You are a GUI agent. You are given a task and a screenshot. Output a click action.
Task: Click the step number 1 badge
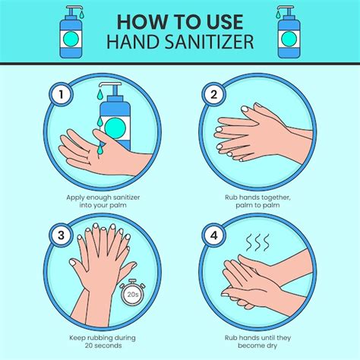61,95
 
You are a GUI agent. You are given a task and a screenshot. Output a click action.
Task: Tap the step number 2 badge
214,95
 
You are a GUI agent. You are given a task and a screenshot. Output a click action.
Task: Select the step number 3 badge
61,235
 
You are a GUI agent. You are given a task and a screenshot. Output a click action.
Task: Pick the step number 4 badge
214,235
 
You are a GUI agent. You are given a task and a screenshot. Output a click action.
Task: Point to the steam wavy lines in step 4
258,242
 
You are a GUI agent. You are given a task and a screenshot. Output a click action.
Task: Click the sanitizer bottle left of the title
71,33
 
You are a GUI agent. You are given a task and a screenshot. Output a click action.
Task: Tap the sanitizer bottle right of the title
289,33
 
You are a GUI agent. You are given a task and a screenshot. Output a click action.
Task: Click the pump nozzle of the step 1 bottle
110,86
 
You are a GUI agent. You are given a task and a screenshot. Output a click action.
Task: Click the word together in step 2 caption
276,197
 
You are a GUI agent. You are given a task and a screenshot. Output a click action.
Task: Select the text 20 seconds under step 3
103,346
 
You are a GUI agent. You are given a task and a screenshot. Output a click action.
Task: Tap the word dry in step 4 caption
272,346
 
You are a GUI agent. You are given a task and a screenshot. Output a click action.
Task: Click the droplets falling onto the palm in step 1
100,135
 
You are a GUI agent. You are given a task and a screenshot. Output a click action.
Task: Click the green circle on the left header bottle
71,39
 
